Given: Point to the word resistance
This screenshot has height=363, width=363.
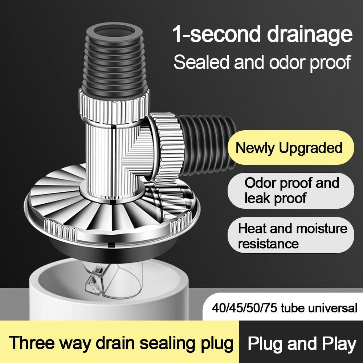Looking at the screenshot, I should (269, 243).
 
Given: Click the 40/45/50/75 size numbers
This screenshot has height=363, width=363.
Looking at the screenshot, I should (244, 308).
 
